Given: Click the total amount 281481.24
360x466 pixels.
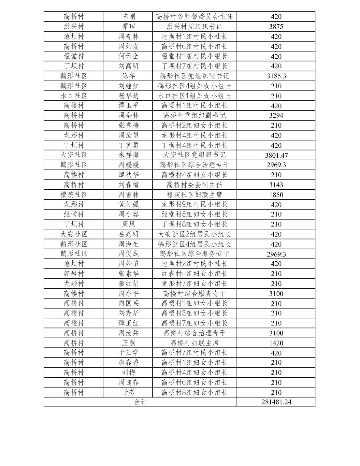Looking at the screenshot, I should tap(276, 402).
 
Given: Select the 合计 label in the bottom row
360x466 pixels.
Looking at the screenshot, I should tap(140, 402).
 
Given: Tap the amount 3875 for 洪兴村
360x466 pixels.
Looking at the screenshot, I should tap(276, 27).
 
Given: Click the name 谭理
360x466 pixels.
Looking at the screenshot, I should tap(128, 27).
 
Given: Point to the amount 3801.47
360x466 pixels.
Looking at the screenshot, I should tap(276, 155).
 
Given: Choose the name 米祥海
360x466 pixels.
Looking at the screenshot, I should tap(128, 155).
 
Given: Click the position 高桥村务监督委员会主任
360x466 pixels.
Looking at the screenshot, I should tap(194, 17).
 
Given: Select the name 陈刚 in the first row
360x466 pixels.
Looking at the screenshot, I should tap(128, 17).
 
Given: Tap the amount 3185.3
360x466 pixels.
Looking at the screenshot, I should tap(276, 76).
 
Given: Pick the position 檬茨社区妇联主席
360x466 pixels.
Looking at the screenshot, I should tap(194, 195).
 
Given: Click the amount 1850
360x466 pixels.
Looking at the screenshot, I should tap(276, 195).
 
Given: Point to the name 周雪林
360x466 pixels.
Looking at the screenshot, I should tap(128, 195).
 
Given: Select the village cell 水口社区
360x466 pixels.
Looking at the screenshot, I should tap(74, 96).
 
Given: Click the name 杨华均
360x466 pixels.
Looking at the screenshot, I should tap(128, 96).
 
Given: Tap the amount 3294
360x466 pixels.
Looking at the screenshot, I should tap(276, 115).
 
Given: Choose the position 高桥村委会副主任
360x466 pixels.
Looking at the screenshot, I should tap(194, 185).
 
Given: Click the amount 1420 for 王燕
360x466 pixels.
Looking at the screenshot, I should tap(276, 343).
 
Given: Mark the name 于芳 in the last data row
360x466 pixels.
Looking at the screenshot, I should tap(128, 392).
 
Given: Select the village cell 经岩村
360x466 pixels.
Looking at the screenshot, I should tap(74, 274).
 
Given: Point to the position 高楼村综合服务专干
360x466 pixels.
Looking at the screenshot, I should tap(194, 294).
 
